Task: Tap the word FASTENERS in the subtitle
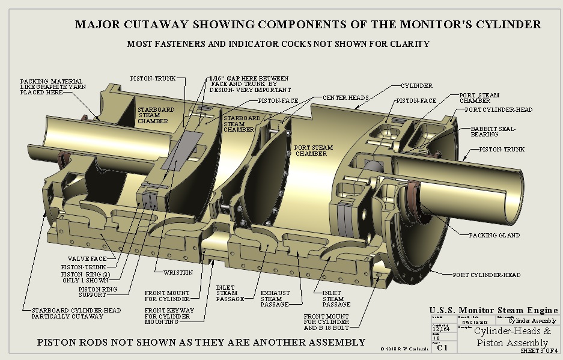point(177,44)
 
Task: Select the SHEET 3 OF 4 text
point(539,350)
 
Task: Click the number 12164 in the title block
point(440,329)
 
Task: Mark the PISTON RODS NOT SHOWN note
point(201,342)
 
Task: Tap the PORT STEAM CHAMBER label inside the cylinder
point(310,150)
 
